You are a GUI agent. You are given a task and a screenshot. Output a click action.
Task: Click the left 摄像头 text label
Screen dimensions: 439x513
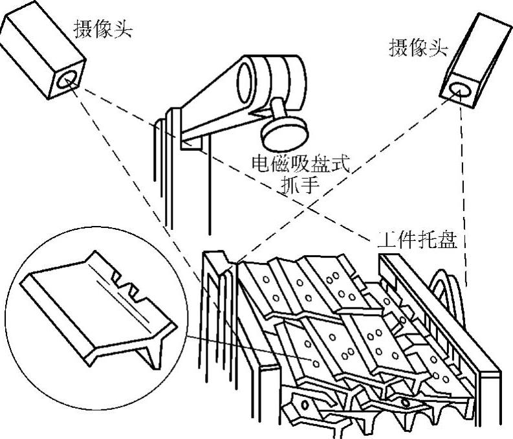[104, 29]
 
